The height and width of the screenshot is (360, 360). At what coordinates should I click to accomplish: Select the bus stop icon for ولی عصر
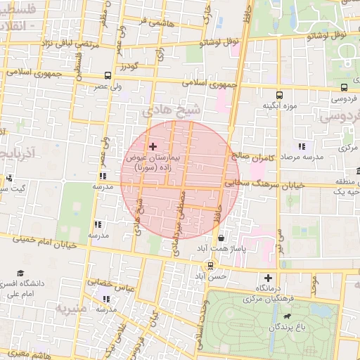coord(107,75)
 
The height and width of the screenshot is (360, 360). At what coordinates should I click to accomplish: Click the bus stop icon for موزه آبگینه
coord(280,95)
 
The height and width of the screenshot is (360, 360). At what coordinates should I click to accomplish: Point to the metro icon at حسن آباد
coord(209,265)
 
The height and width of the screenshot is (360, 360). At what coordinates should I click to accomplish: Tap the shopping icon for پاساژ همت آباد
coord(222,237)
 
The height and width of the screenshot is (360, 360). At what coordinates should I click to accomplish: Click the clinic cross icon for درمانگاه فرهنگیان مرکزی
coord(267,278)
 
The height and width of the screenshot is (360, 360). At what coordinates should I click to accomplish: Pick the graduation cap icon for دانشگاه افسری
coord(20,272)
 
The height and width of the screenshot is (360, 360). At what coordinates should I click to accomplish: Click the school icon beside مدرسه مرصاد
coord(301,146)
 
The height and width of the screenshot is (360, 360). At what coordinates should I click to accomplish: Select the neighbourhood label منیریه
coord(72,309)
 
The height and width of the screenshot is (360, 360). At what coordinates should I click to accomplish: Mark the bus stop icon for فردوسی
coord(343,88)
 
